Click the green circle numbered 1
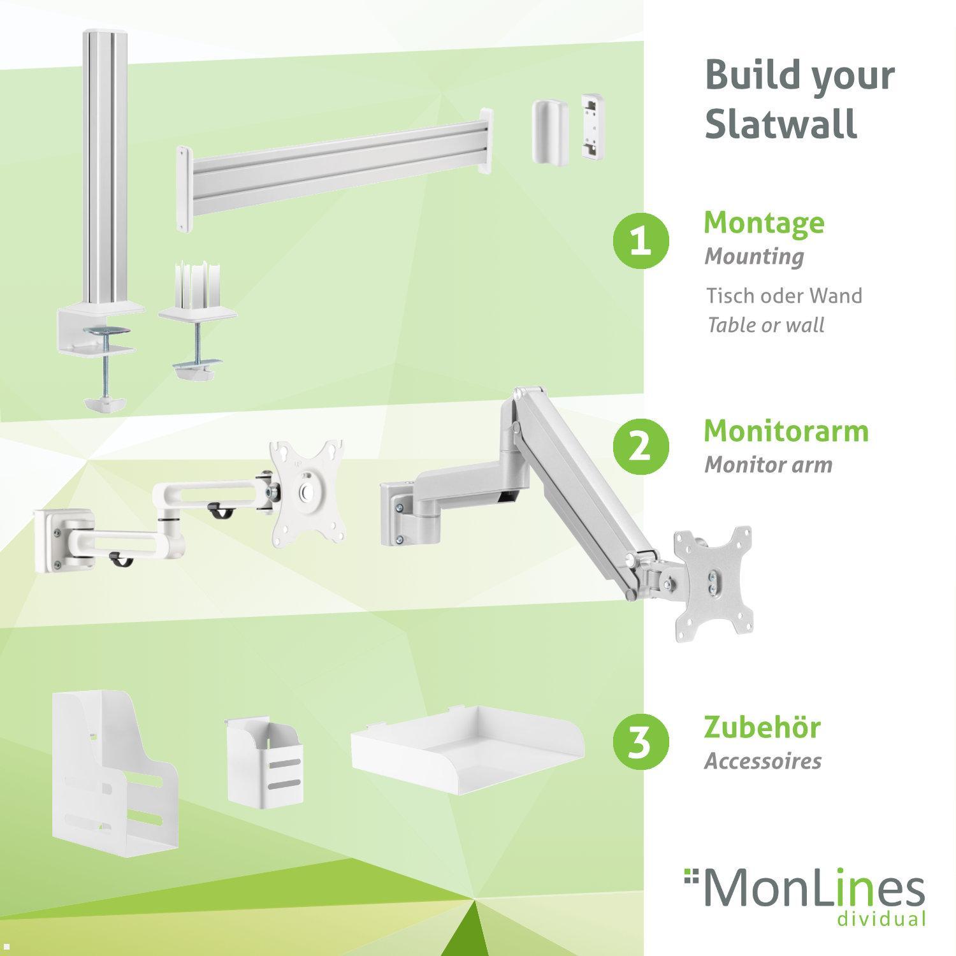641,243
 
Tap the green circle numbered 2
641,445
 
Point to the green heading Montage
764,222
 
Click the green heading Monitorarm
786,431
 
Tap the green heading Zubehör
762,727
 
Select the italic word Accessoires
762,761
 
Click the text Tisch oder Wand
783,296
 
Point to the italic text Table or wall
765,325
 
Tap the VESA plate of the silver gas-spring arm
712,580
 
